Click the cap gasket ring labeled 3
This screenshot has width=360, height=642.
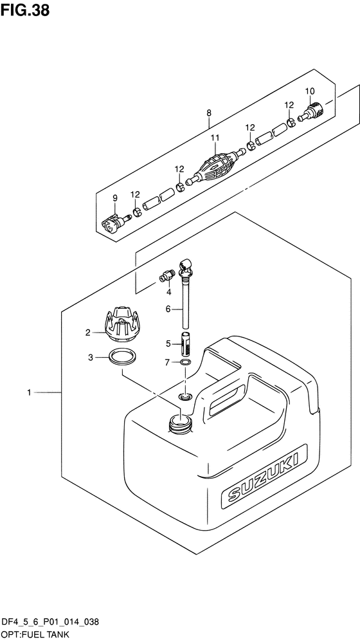coord(122,357)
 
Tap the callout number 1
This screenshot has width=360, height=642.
coord(29,391)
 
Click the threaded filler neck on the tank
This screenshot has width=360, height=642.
coord(179,423)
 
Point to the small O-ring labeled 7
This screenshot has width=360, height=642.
coord(185,363)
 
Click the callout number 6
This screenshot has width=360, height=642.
coord(168,309)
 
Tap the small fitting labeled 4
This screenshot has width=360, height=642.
coord(168,276)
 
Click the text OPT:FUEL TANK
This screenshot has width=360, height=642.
coord(34,634)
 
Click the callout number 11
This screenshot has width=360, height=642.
coord(215,138)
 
